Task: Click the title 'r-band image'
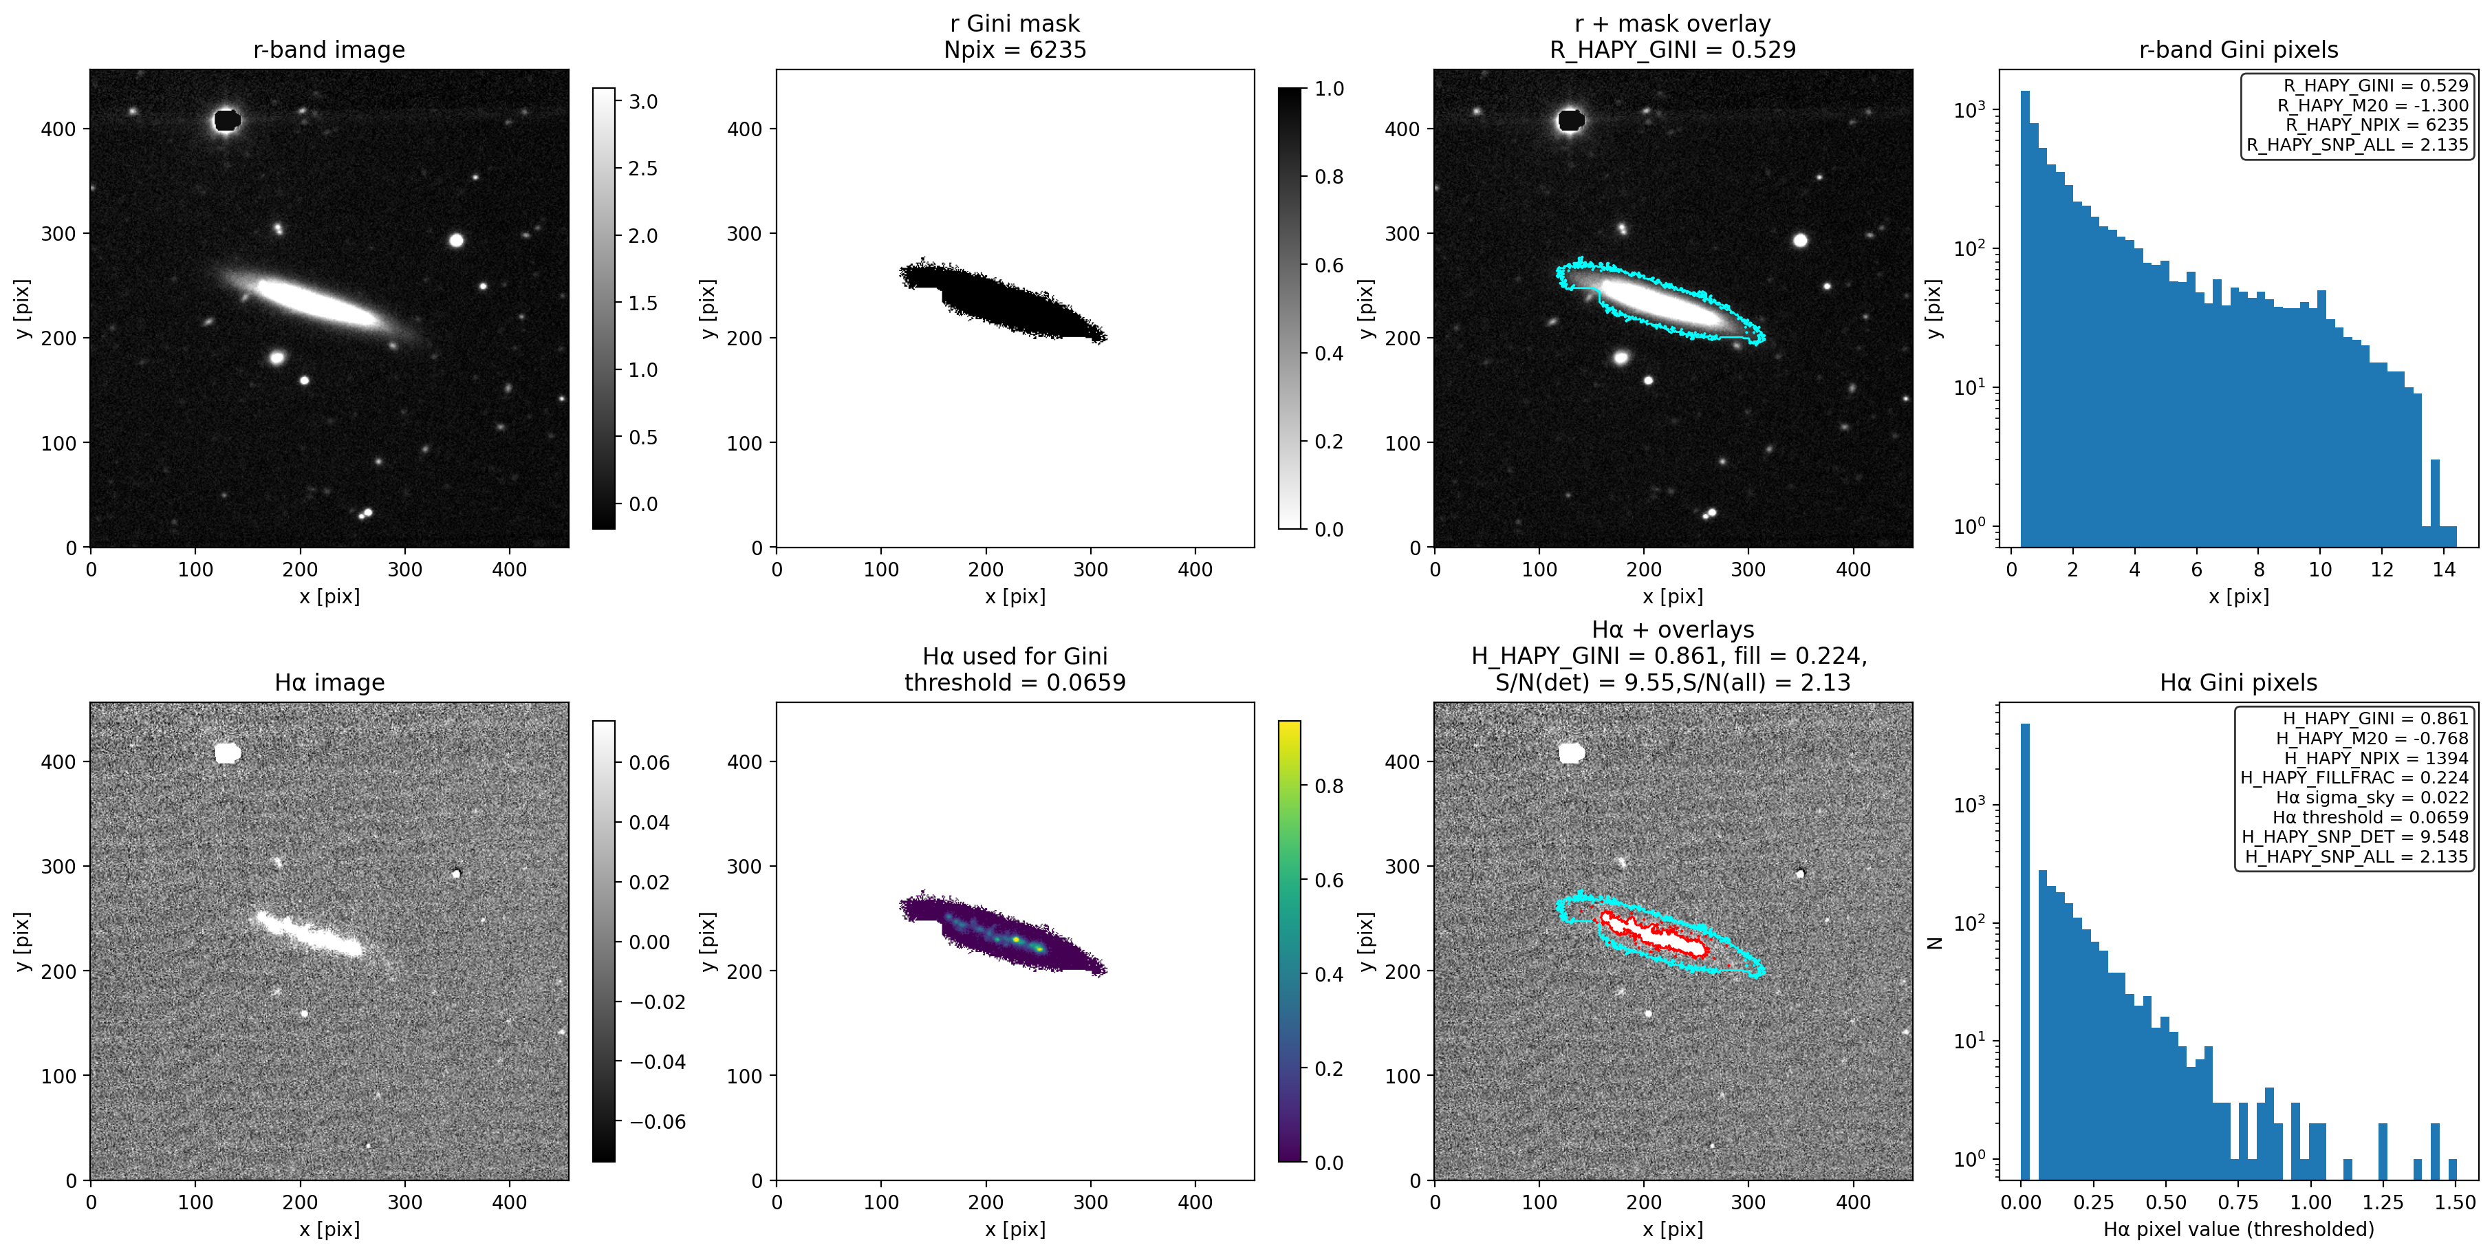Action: [329, 50]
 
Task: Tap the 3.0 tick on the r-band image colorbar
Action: [642, 102]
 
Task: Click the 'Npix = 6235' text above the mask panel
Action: [1015, 50]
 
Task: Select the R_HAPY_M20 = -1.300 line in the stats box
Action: [2372, 105]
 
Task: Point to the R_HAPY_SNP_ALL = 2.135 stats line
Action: [2356, 145]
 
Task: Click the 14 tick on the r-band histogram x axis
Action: [2444, 569]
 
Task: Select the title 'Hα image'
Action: [329, 682]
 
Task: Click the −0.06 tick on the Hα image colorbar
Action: [657, 1121]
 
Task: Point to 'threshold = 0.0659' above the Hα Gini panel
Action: [1015, 682]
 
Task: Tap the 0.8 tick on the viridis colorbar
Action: [1328, 786]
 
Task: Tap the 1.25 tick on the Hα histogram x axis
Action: [2383, 1202]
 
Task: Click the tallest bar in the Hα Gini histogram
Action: [2025, 949]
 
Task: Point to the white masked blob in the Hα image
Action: [228, 753]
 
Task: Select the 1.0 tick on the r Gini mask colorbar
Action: [1328, 89]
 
